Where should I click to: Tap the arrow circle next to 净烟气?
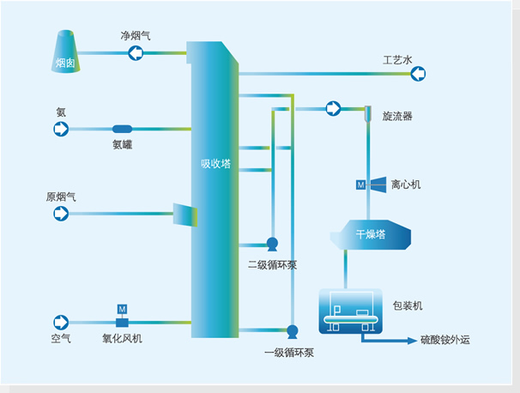pos(136,53)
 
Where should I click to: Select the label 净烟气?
pos(136,36)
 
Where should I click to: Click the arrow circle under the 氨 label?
pos(61,129)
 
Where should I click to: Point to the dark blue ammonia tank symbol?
pos(122,129)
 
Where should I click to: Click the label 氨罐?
pos(122,145)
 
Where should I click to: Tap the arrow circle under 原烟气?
pos(61,213)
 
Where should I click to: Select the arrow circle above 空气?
pos(61,322)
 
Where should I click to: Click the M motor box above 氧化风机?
pos(122,308)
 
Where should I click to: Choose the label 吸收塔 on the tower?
pos(215,163)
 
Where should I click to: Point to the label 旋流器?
pos(398,116)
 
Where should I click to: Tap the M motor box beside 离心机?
pos(360,184)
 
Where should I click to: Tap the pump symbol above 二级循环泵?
pos(272,244)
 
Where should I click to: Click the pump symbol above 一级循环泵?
pos(291,330)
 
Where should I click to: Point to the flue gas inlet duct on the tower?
pos(185,215)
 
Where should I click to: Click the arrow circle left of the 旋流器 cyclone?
pos(333,108)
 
